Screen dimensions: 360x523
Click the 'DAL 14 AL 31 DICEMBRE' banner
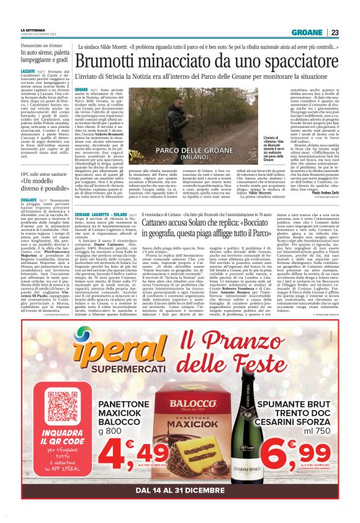[x=180, y=491]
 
